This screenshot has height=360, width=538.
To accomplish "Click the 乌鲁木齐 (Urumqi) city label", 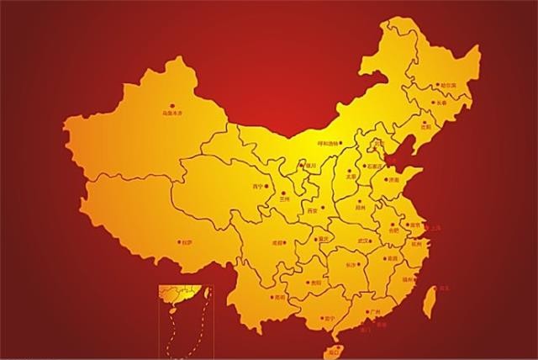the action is click(171, 109).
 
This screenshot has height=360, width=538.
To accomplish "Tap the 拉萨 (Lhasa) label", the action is click(187, 242).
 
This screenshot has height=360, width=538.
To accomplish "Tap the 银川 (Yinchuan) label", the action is click(310, 167).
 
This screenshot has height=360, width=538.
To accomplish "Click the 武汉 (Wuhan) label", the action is click(364, 241).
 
